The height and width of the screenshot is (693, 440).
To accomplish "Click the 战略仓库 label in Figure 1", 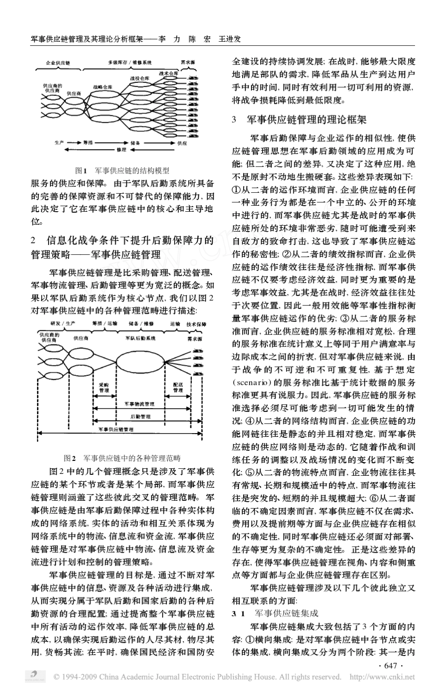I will click(x=102, y=86).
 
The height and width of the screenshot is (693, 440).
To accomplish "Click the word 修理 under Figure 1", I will click(x=122, y=150).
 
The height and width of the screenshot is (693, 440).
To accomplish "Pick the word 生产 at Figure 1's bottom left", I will click(x=59, y=143).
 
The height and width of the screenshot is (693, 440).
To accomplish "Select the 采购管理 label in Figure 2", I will click(x=104, y=388).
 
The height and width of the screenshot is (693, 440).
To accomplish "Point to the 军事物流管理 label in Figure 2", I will click(x=140, y=404).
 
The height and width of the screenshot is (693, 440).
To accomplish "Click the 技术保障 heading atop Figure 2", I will click(x=196, y=324).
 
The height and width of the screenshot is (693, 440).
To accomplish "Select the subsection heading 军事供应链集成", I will click(x=287, y=613).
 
